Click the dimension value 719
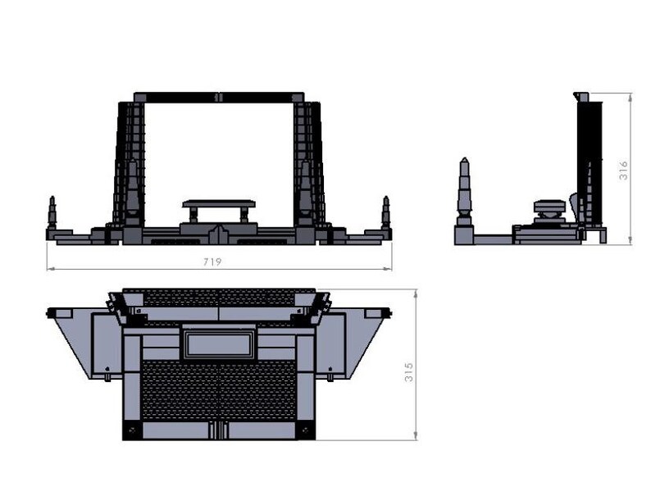point(212,262)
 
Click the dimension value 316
point(623,171)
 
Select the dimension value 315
point(409,372)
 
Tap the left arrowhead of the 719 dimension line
point(50,269)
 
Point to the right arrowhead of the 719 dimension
point(388,269)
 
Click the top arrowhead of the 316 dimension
point(631,98)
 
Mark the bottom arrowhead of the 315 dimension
point(416,435)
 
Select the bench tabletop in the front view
point(219,203)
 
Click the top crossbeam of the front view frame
point(219,98)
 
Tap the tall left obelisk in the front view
point(132,193)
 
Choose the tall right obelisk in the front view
point(306,193)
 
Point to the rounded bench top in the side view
point(549,205)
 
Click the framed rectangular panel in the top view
point(219,344)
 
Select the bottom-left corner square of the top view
point(133,430)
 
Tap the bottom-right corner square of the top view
point(305,430)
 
